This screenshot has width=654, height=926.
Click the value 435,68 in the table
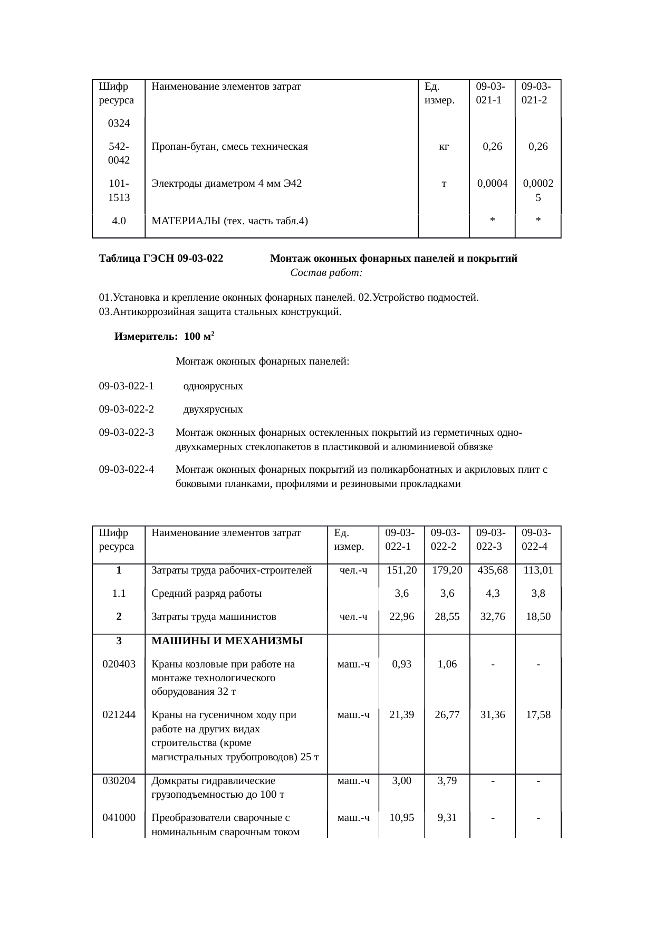(x=492, y=570)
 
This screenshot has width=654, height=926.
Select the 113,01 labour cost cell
(x=538, y=570)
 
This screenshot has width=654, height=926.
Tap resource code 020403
(x=119, y=664)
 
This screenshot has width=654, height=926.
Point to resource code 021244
(x=119, y=715)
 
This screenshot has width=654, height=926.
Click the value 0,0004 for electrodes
(x=492, y=184)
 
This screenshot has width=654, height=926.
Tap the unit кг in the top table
(x=444, y=147)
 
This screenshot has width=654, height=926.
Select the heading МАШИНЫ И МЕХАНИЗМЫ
(x=227, y=641)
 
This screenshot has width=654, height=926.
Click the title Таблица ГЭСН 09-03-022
(x=161, y=259)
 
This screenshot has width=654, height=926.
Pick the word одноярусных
(x=213, y=386)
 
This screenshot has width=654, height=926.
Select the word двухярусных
(x=213, y=409)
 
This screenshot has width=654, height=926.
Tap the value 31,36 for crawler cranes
(x=492, y=715)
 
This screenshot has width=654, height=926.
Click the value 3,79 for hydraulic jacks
(x=447, y=781)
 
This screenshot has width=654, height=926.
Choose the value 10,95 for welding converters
(x=401, y=818)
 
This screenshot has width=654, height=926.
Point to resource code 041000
(x=119, y=818)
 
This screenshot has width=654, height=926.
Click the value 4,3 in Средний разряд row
(x=492, y=594)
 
